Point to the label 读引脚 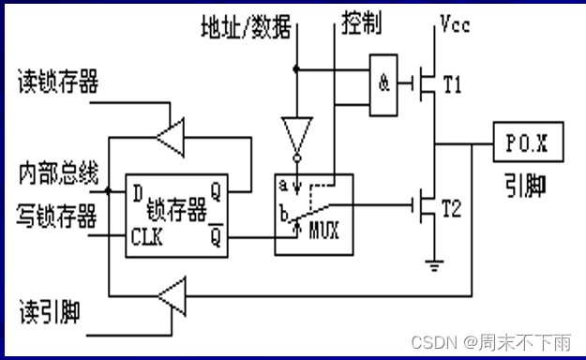49,307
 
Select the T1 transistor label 453,85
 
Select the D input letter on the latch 138,193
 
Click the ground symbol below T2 432,263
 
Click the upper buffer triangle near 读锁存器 171,138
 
